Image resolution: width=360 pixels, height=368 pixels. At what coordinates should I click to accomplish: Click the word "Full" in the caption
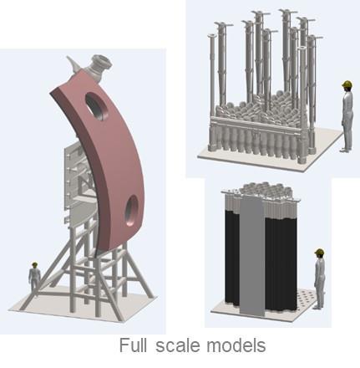click(133, 345)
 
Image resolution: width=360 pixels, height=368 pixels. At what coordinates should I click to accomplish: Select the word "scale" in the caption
click(178, 345)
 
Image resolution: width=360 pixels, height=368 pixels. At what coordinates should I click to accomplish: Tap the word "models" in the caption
click(236, 345)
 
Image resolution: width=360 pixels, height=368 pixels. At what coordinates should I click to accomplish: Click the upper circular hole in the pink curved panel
click(96, 106)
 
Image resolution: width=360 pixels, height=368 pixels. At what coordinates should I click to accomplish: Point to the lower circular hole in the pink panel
click(131, 211)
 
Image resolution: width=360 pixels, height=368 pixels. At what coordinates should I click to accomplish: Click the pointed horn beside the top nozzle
click(73, 64)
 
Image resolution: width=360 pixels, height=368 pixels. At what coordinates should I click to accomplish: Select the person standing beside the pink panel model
click(34, 279)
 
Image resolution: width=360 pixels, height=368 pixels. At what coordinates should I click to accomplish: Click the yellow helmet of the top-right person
click(347, 84)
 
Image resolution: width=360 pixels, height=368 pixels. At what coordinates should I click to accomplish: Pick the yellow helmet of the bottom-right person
click(320, 252)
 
